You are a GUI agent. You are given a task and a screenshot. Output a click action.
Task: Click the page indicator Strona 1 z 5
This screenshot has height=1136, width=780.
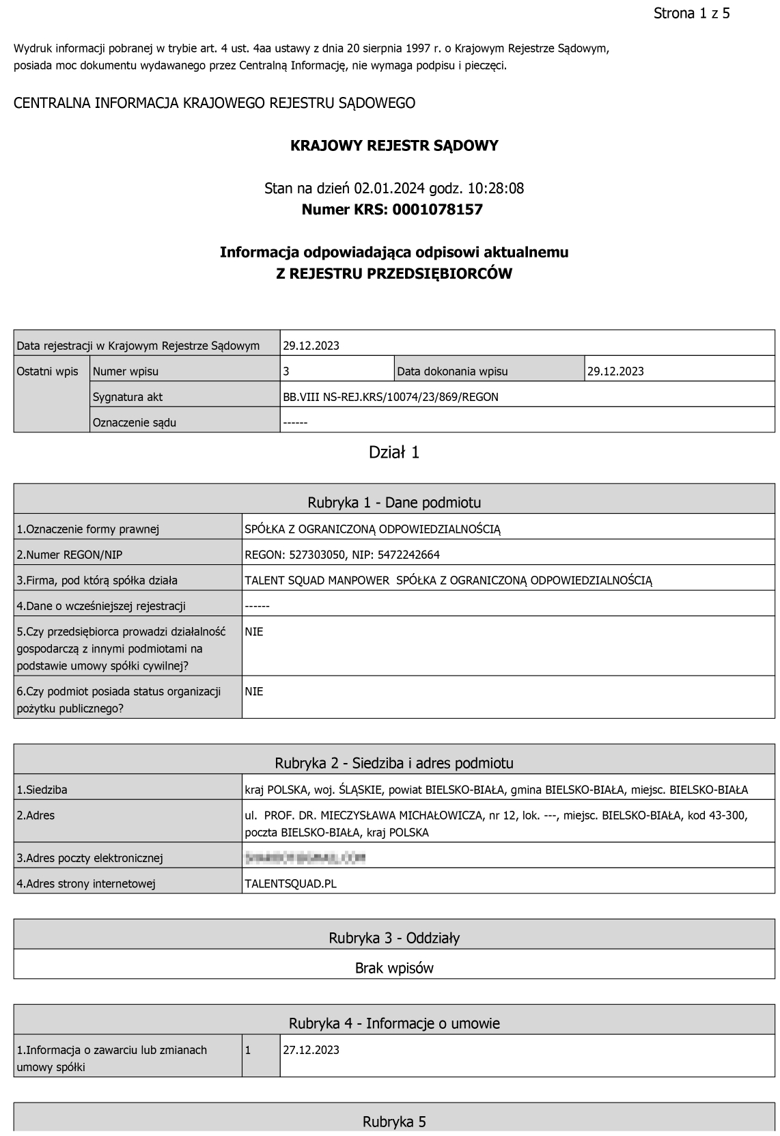tap(691, 14)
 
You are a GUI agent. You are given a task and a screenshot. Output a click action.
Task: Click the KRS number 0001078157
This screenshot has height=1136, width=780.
tap(437, 210)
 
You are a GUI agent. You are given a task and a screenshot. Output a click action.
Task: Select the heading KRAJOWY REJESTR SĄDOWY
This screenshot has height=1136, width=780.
tap(394, 146)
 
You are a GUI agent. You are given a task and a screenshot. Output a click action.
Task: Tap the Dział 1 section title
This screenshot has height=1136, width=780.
tap(394, 452)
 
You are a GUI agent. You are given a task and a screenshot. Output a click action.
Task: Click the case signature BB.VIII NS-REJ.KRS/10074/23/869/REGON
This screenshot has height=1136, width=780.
tap(391, 397)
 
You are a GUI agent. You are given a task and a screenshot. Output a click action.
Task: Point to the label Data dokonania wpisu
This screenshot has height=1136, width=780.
tap(452, 372)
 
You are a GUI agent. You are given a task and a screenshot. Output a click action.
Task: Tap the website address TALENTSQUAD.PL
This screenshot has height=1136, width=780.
tap(290, 884)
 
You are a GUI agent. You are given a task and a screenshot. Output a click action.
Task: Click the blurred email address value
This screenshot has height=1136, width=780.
tap(305, 857)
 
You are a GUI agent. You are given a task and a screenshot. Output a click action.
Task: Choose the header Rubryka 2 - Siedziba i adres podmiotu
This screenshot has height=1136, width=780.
tap(394, 763)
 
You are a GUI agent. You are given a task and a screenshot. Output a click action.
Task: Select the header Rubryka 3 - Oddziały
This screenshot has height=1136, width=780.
tap(394, 938)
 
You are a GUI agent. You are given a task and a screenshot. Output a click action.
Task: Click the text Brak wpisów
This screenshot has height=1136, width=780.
tap(394, 968)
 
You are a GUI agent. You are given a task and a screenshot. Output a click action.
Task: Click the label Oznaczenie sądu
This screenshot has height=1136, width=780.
tap(135, 423)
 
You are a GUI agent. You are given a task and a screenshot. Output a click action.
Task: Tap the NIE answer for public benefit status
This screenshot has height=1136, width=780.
tap(254, 691)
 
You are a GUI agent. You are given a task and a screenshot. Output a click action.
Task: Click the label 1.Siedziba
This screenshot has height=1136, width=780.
tap(42, 790)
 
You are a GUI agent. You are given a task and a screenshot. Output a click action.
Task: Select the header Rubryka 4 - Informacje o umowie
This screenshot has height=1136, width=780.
tap(394, 1023)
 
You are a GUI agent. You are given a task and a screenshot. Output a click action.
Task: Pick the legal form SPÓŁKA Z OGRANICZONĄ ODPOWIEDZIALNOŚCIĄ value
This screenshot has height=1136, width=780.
tap(373, 529)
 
